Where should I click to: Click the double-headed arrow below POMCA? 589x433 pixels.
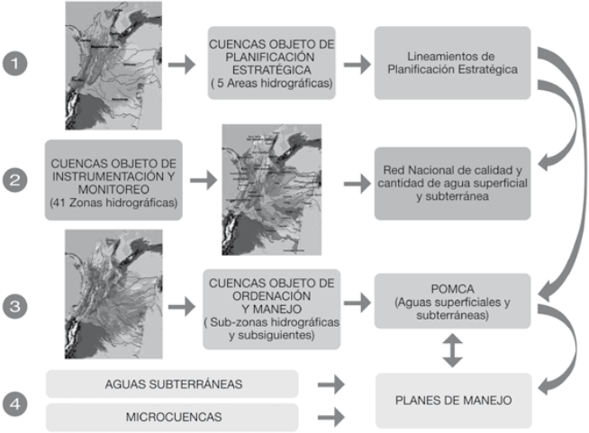click(454, 352)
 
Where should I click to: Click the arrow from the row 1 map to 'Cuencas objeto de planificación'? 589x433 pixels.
click(182, 66)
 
